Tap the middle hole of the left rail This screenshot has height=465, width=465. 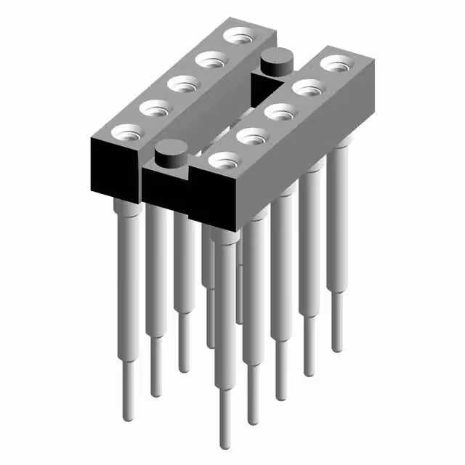pos(182,84)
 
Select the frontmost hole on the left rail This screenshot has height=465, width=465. pos(125,133)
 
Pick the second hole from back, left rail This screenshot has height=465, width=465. pos(210,58)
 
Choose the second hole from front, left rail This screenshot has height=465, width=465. pos(153,109)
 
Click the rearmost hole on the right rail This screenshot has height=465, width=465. pos(335,64)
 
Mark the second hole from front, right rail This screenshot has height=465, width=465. pos(250,136)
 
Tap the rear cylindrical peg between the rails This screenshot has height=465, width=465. pos(275,61)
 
